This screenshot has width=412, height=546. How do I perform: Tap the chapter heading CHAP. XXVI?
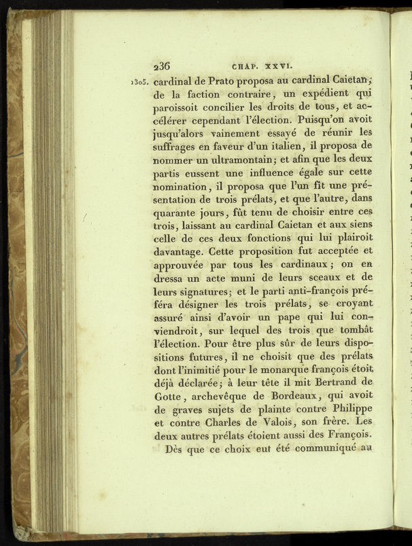262,67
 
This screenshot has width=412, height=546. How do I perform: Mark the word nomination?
180,185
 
